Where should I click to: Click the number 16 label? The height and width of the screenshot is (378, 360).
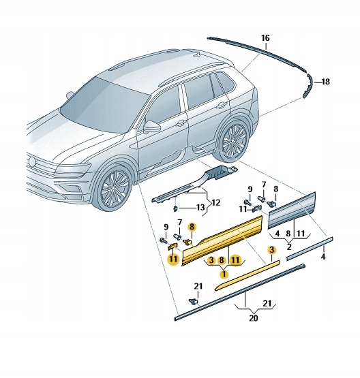265,37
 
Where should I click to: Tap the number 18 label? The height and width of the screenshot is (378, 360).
325,82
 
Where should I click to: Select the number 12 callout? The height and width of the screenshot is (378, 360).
215,202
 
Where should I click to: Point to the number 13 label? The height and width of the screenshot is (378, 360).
200,207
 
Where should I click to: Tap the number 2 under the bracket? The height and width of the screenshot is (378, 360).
289,247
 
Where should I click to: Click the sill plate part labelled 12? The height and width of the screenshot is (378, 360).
198,183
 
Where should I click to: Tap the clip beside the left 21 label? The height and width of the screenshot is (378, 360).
194,300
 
